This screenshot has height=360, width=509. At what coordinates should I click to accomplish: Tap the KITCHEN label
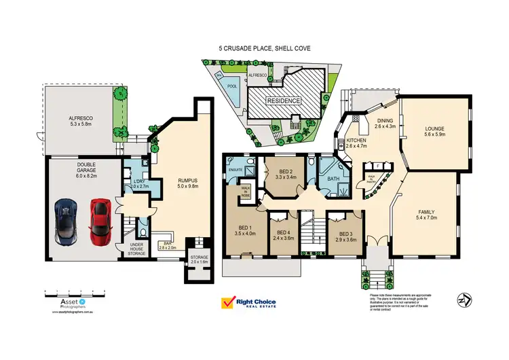click(356, 141)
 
